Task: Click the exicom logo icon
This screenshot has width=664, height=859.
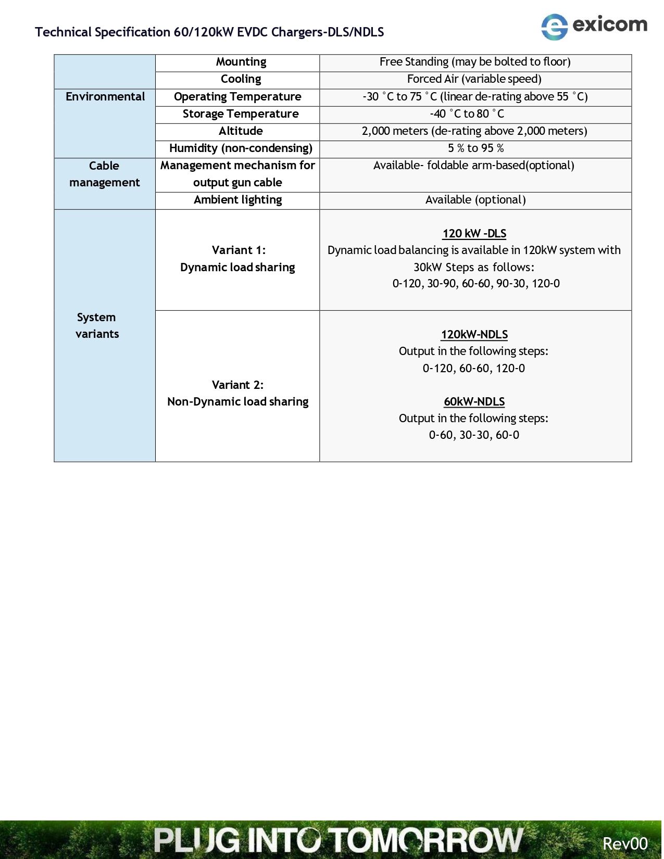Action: tap(554, 27)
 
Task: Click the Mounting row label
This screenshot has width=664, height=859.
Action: tap(241, 62)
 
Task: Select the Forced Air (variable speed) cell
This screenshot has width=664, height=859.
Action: tap(474, 79)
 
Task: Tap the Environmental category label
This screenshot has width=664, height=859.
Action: tap(105, 97)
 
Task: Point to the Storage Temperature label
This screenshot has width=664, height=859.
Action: tap(241, 114)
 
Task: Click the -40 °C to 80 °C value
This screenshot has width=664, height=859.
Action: tap(467, 114)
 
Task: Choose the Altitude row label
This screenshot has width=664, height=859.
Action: tap(241, 131)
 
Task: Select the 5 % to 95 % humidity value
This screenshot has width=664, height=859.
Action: tap(475, 148)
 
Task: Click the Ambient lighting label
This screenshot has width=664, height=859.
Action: tap(237, 200)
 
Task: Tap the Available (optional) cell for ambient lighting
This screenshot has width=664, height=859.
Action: tap(475, 200)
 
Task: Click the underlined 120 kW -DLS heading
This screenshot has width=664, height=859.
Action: tap(474, 234)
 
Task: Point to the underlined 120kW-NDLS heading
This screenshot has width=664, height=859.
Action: tap(474, 335)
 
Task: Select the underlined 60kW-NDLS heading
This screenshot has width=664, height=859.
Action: tap(474, 402)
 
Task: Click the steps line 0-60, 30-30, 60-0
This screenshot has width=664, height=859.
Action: tap(474, 435)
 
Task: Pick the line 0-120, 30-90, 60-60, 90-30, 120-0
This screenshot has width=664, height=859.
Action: tap(476, 284)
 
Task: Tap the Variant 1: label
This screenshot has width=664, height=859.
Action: tap(239, 250)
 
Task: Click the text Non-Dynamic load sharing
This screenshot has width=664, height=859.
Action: tap(237, 402)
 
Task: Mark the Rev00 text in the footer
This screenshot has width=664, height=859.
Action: tap(625, 843)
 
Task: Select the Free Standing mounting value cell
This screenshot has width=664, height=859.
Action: tap(475, 62)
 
